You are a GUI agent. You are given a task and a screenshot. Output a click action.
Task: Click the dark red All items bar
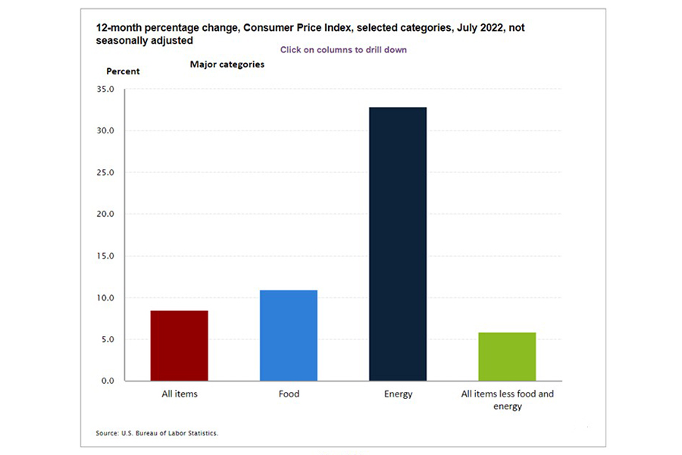tap(180, 346)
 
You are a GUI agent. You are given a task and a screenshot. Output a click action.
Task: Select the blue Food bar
tap(289, 335)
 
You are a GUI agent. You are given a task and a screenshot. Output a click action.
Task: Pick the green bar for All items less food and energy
tap(507, 356)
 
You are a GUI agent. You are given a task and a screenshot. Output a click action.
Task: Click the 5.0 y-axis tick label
tap(106, 340)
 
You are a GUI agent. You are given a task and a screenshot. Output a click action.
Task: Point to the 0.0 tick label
tap(106, 381)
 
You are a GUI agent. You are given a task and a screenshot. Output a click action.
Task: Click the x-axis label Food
tap(289, 394)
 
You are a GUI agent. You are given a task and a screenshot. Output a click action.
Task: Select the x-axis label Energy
tap(398, 394)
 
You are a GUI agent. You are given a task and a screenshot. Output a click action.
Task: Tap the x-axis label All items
tap(180, 394)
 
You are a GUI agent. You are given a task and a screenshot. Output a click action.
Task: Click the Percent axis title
tap(122, 71)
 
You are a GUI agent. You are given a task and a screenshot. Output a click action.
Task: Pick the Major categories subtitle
tap(227, 65)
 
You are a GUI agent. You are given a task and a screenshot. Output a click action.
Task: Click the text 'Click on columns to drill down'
tap(343, 49)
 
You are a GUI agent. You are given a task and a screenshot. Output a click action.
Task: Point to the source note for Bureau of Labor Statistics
tap(157, 433)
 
